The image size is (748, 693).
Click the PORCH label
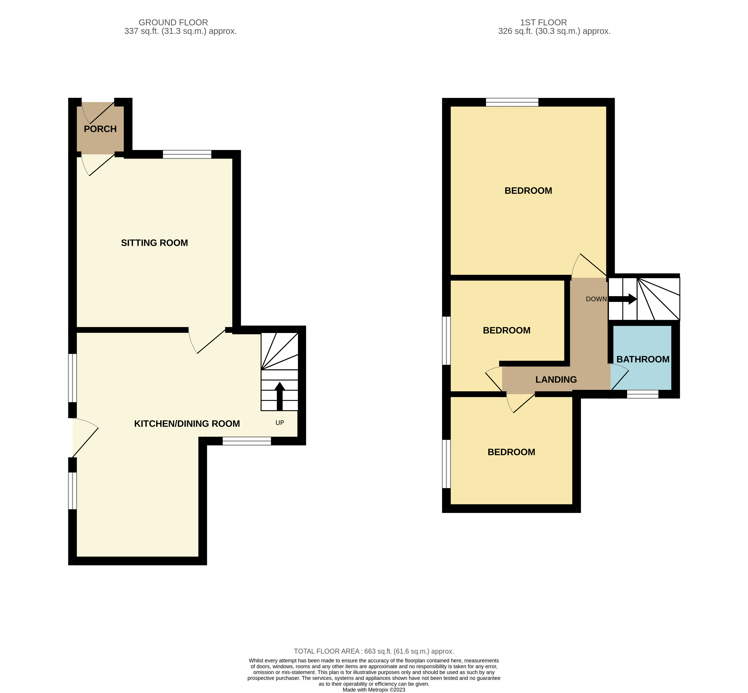pyautogui.click(x=100, y=129)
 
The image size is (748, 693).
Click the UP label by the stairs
pyautogui.click(x=279, y=423)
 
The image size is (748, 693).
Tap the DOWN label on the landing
pyautogui.click(x=596, y=299)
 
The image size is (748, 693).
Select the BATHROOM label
pyautogui.click(x=643, y=359)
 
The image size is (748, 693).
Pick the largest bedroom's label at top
pyautogui.click(x=528, y=191)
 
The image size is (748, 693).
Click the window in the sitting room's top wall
pyautogui.click(x=187, y=154)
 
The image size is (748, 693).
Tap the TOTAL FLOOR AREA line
pyautogui.click(x=374, y=651)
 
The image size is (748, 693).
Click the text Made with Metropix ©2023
pyautogui.click(x=374, y=690)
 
